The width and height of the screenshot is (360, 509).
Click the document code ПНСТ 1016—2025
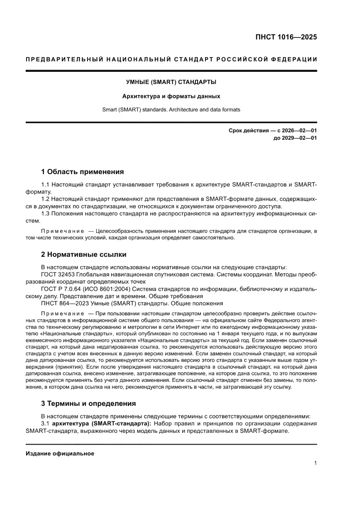point(286,37)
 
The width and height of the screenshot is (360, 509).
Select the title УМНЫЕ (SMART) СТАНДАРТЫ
point(171,81)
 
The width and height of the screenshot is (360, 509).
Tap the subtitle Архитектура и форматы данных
point(171,96)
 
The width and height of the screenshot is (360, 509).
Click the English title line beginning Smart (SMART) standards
point(171,110)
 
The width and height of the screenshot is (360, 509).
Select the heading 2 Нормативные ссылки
point(84,254)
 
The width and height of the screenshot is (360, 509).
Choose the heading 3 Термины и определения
point(88,403)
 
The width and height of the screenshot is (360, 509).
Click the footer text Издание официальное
point(60,453)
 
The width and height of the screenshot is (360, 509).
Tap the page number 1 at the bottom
point(315,463)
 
